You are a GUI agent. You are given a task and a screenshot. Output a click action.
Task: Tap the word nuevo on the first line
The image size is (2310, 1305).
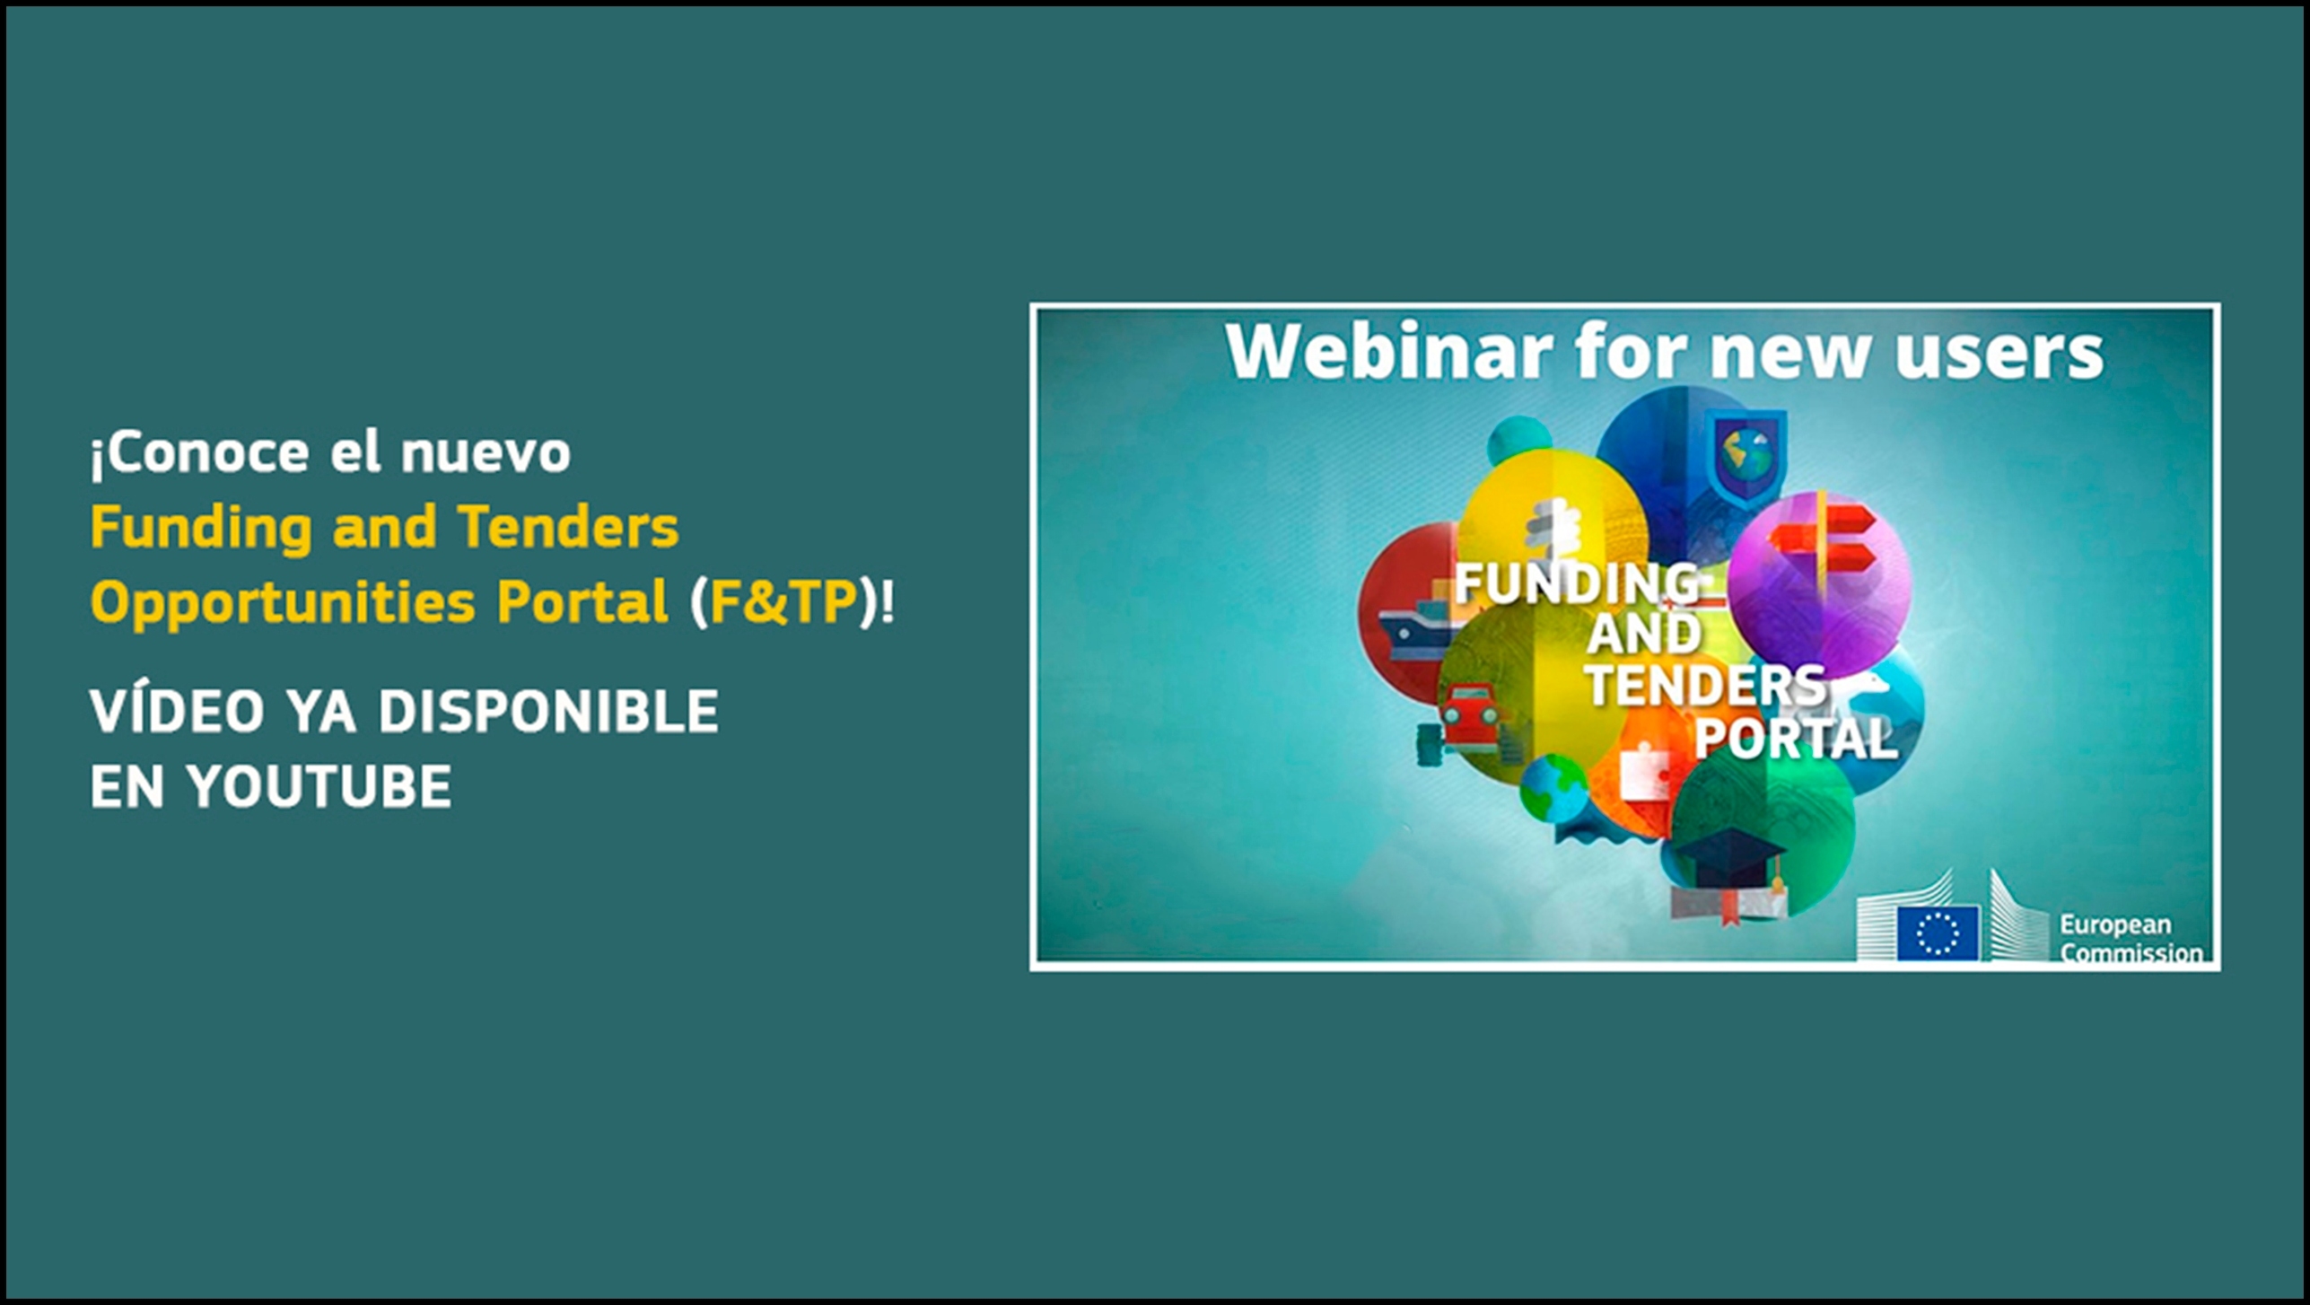tap(486, 454)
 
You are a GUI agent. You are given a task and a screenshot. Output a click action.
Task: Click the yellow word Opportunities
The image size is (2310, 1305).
tap(282, 603)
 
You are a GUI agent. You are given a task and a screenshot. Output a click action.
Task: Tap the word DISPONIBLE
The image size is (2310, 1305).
tap(548, 712)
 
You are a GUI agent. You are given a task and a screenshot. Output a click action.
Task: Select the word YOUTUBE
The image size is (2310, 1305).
tap(319, 787)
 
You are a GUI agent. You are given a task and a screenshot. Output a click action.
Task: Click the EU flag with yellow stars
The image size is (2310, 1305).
tap(1938, 933)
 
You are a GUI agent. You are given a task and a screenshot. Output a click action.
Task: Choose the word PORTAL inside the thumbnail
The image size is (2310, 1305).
tap(1794, 740)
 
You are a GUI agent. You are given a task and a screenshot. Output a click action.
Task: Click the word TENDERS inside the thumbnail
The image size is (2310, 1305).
tap(1707, 687)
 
